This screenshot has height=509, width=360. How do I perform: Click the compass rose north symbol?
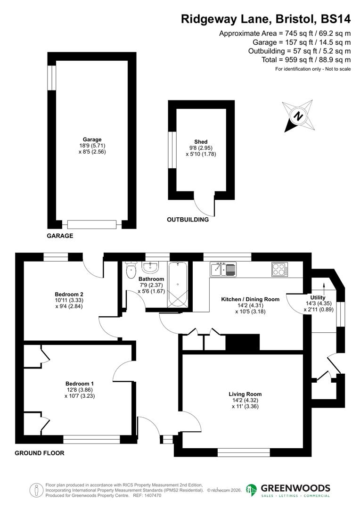pyautogui.click(x=298, y=116)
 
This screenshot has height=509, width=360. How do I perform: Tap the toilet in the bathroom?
pyautogui.click(x=131, y=271)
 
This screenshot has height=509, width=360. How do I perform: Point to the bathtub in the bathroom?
pyautogui.click(x=178, y=284)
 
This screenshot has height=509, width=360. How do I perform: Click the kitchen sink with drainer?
pyautogui.click(x=223, y=270)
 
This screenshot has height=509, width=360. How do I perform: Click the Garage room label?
pyautogui.click(x=92, y=140)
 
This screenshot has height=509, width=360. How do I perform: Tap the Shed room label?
pyautogui.click(x=201, y=142)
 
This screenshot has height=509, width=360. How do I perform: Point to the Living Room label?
pyautogui.click(x=245, y=394)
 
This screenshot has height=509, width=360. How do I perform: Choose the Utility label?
pyautogui.click(x=318, y=297)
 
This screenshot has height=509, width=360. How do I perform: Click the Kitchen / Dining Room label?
pyautogui.click(x=250, y=299)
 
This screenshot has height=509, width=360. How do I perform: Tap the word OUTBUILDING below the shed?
pyautogui.click(x=188, y=220)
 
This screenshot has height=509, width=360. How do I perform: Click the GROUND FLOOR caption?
pyautogui.click(x=40, y=453)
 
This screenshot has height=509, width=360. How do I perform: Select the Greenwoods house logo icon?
pyautogui.click(x=252, y=490)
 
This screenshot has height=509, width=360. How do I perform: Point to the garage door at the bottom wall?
pyautogui.click(x=91, y=224)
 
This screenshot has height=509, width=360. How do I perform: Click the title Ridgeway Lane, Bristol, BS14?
pyautogui.click(x=266, y=19)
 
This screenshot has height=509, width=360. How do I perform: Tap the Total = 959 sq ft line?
pyautogui.click(x=306, y=60)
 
